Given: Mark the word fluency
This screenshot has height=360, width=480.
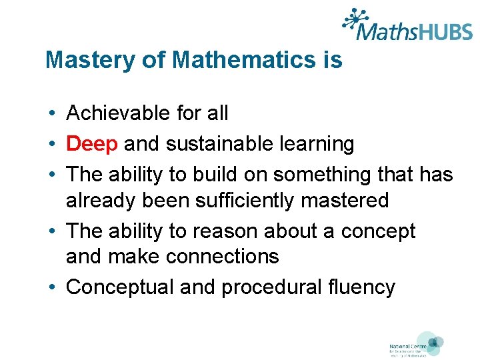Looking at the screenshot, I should [363, 287].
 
